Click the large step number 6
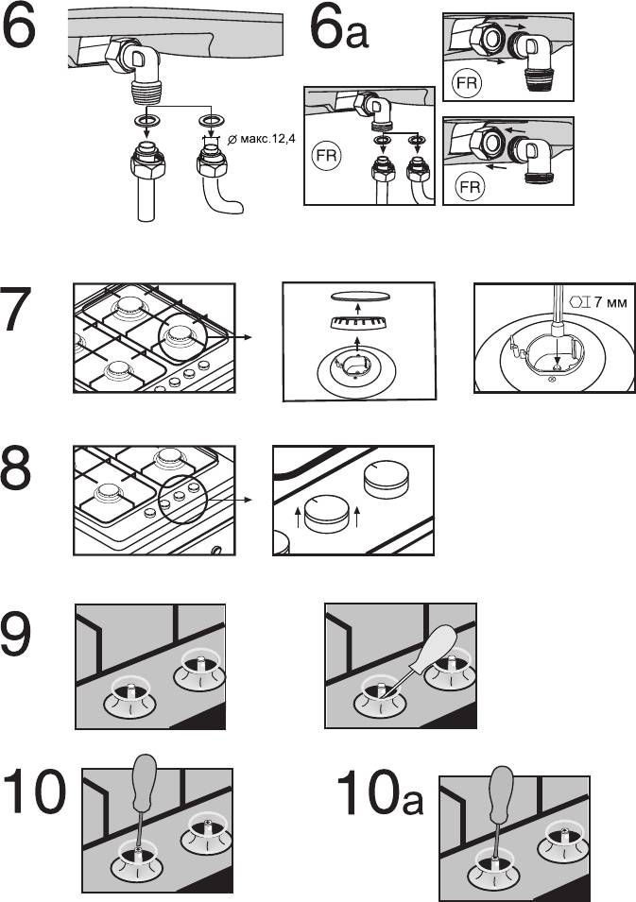coord(18,26)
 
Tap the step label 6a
coord(338,28)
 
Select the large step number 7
coord(16,309)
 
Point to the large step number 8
coord(16,468)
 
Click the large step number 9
coord(16,634)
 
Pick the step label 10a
coord(379,791)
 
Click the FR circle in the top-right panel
coord(466,83)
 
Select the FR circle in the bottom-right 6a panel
coord(470,187)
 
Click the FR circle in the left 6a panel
coord(326,155)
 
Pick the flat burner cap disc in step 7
coord(357,297)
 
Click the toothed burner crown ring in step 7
coord(357,323)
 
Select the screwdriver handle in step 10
coord(144,784)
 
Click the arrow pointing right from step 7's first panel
coord(231,338)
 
